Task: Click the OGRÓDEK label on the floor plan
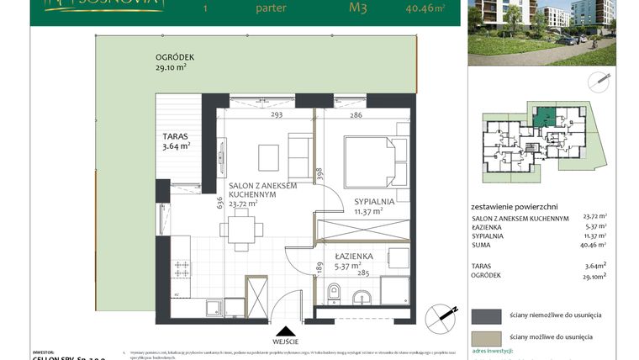(175, 59)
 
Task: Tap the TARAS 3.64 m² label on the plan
(176, 139)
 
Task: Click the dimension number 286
(356, 115)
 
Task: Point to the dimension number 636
(219, 202)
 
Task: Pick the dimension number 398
(319, 174)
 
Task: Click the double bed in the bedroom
(368, 160)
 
